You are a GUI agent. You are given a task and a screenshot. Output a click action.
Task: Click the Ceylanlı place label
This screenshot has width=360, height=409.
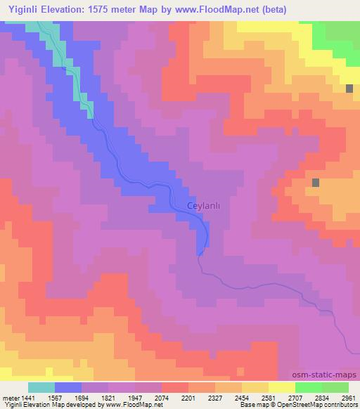(x=205, y=205)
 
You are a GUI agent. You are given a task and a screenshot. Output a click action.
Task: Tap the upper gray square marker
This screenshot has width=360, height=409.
(x=349, y=88)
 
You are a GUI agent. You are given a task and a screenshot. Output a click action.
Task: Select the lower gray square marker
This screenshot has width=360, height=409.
(x=316, y=182)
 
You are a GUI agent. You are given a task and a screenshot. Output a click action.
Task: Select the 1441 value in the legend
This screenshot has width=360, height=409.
(x=27, y=396)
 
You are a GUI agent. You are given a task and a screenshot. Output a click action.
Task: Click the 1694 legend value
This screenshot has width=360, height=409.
(x=81, y=396)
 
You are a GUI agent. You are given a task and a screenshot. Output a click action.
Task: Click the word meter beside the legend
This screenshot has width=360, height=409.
(x=10, y=396)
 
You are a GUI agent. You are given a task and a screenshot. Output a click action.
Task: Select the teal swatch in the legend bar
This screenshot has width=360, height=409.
(x=41, y=387)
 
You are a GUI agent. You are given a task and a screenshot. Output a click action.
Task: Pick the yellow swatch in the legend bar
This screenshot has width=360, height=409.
(x=281, y=387)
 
